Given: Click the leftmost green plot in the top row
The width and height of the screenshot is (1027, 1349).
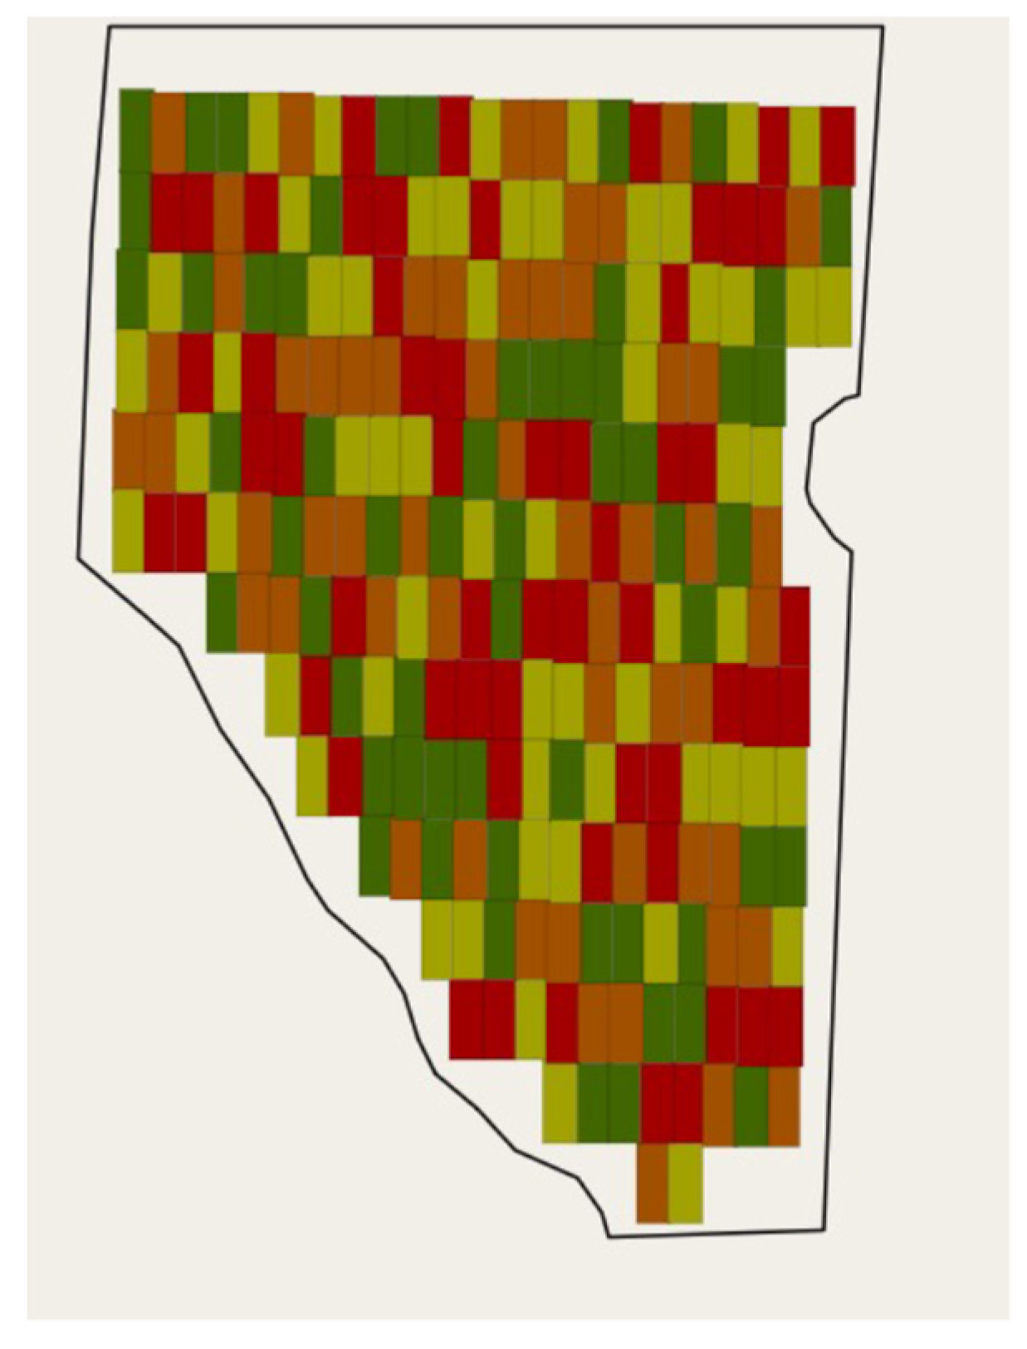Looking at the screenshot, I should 135,129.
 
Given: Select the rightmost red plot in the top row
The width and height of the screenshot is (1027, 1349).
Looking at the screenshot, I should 837,145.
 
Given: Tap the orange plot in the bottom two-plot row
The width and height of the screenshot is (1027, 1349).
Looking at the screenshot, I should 653,1183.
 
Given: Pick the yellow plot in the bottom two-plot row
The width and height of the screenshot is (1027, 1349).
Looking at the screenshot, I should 686,1183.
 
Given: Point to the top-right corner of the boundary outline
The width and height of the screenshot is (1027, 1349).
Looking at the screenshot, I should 882,27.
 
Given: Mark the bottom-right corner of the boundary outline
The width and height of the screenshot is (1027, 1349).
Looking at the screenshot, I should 824,1229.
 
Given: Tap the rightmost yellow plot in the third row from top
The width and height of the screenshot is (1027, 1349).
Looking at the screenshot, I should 834,305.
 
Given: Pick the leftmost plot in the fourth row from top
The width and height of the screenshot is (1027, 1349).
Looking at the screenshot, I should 130,370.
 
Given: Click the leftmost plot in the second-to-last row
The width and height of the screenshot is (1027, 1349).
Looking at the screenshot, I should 560,1102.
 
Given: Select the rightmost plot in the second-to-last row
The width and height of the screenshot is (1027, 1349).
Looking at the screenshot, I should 784,1106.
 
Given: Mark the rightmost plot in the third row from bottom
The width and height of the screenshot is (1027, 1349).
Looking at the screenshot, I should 786,1025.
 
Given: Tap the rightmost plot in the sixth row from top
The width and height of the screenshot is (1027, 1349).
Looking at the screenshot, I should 766,544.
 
